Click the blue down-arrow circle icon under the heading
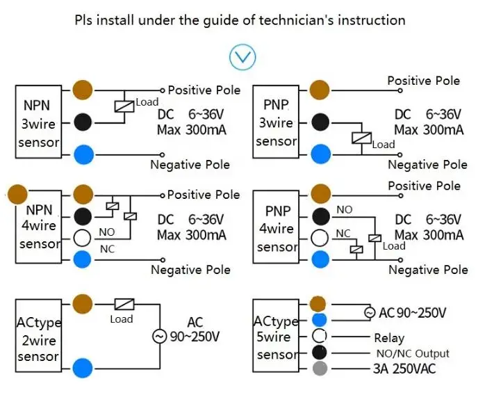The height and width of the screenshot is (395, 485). point(243,58)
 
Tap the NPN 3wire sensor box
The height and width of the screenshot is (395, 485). point(41,123)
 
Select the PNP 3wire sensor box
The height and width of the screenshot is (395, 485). point(275,123)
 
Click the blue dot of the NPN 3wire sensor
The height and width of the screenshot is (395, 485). point(83,154)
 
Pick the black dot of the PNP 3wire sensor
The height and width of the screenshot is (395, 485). point(320,122)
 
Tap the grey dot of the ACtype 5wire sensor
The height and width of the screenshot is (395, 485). point(319,369)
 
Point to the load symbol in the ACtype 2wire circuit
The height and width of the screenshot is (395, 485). point(124,304)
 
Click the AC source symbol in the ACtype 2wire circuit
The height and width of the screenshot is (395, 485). point(159,337)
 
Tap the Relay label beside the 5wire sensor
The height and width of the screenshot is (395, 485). point(388,338)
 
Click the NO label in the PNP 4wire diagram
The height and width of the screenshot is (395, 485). point(344,209)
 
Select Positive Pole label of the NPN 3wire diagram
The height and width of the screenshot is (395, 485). point(204,90)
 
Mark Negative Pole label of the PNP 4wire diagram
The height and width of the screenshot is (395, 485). point(427,270)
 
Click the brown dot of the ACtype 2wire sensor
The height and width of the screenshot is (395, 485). point(83,304)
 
